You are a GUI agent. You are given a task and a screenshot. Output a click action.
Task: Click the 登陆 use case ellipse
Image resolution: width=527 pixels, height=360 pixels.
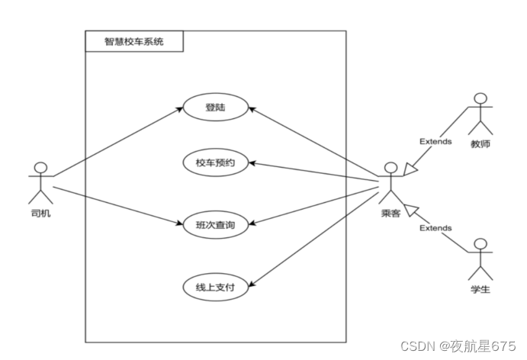tap(216, 108)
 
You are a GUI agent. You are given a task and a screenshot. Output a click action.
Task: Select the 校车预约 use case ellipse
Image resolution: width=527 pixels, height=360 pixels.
tap(216, 162)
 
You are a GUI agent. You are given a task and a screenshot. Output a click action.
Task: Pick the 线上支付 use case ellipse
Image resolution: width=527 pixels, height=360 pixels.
tap(216, 287)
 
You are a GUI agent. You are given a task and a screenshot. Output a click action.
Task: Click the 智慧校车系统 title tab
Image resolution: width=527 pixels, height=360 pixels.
tap(134, 42)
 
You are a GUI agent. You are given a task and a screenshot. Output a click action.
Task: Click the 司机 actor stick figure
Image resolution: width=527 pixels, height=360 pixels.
tap(41, 181)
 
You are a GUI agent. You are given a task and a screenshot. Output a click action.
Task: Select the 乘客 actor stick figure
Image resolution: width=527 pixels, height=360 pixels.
tap(390, 181)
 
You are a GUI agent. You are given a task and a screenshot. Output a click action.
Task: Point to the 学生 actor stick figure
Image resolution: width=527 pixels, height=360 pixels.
tap(480, 258)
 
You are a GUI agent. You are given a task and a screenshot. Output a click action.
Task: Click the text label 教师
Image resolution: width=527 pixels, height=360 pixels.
tap(480, 142)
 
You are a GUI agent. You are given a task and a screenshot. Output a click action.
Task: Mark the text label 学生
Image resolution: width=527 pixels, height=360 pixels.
tap(480, 290)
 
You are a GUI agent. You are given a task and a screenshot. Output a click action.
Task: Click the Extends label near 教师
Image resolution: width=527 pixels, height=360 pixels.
tap(435, 141)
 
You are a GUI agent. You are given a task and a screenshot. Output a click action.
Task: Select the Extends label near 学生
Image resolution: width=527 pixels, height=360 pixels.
tap(435, 227)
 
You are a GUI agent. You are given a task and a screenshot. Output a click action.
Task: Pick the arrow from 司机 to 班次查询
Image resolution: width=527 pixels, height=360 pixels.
tap(114, 205)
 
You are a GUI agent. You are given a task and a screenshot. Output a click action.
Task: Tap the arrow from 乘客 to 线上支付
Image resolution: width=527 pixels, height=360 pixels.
tap(317, 234)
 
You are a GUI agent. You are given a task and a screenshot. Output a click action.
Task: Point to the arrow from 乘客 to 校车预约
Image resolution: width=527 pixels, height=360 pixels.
tap(317, 172)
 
